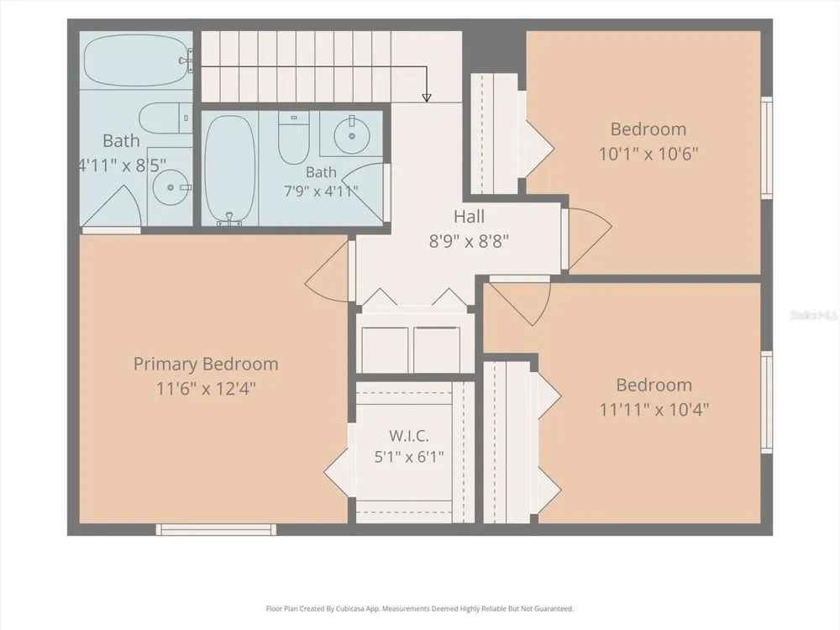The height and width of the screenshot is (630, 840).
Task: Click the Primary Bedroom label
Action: [x=206, y=365]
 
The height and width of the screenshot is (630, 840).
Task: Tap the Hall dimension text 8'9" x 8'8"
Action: [x=469, y=241]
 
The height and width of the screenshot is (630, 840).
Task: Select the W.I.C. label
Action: [x=409, y=435]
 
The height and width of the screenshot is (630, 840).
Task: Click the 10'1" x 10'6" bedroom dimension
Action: [x=648, y=154]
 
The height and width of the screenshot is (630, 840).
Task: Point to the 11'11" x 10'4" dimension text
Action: [x=654, y=409]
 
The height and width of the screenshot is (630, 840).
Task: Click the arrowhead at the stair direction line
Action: [x=427, y=97]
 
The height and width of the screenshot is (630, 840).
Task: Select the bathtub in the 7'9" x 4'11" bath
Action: [x=230, y=168]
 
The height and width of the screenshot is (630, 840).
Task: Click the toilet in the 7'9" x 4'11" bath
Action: [x=293, y=139]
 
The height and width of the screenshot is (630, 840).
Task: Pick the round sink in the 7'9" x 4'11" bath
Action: [x=351, y=134]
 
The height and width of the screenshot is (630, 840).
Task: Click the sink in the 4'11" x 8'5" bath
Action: [x=171, y=187]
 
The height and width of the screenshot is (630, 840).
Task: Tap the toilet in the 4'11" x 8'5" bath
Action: [x=165, y=118]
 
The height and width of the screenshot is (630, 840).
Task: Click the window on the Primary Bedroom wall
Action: [x=216, y=529]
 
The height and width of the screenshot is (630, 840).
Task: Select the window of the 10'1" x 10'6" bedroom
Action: [x=767, y=148]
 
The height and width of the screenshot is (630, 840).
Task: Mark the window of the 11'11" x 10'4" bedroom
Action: [x=767, y=402]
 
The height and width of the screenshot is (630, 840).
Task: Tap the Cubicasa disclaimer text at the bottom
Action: [x=419, y=608]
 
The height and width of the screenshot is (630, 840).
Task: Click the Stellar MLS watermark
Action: [x=814, y=315]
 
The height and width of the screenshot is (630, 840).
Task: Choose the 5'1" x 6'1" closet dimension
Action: [x=409, y=457]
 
